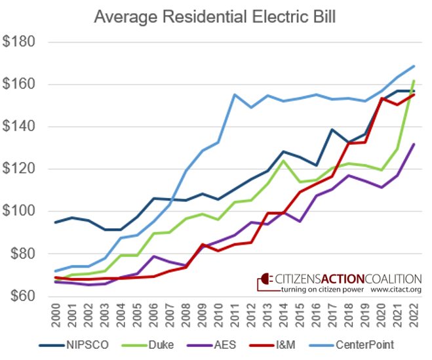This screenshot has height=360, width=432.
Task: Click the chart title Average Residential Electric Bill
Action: [x=216, y=16]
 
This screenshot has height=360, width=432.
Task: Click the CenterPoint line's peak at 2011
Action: [x=234, y=94]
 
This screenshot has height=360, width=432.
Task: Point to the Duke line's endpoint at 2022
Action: [x=413, y=81]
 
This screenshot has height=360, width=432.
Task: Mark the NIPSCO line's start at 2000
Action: [x=56, y=222]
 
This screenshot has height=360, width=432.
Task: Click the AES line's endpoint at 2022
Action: [x=413, y=144]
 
